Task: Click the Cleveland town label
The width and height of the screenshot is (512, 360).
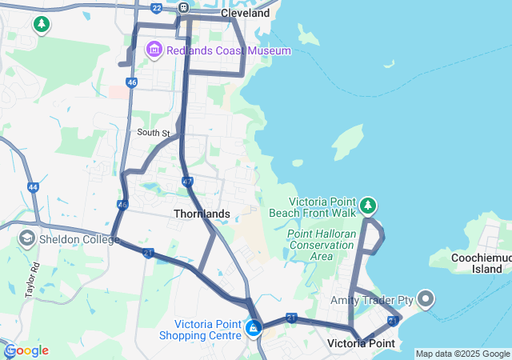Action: [x=245, y=14]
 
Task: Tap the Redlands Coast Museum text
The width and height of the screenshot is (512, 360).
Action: [x=229, y=50]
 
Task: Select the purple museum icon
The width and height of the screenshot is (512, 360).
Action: [x=154, y=50]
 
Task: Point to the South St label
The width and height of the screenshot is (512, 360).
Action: [x=154, y=133]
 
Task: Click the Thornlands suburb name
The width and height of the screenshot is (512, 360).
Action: [x=202, y=214]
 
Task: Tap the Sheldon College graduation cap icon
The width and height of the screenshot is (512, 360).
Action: [x=26, y=238]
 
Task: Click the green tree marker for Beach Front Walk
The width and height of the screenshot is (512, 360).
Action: [x=368, y=206]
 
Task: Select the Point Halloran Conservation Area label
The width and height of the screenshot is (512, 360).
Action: [x=321, y=245]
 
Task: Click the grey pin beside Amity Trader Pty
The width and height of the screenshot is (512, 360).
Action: [x=425, y=300]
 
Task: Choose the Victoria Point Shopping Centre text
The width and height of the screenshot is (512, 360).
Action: [x=208, y=330]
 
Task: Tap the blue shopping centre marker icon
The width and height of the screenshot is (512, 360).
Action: [x=254, y=327]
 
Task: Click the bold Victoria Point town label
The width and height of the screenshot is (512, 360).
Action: [x=362, y=343]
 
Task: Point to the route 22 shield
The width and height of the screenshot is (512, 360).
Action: [x=156, y=8]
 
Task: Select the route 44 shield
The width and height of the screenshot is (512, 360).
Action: [x=33, y=187]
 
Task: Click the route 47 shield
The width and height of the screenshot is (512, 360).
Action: [x=187, y=182]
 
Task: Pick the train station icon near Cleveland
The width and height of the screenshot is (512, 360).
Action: [x=183, y=8]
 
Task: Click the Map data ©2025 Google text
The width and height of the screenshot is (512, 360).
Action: [x=462, y=354]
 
